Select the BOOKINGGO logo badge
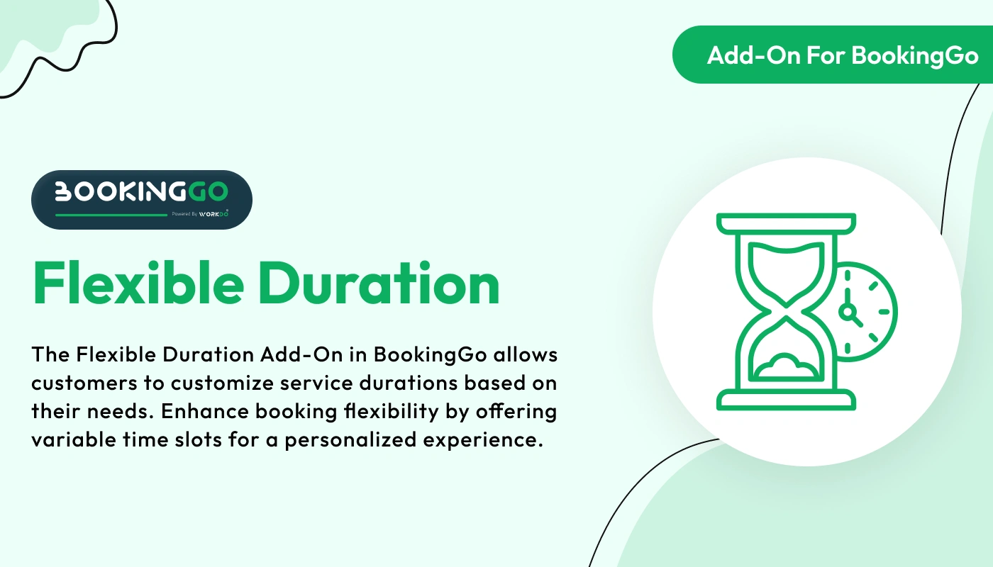pyautogui.click(x=141, y=199)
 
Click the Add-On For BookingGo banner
pyautogui.click(x=843, y=55)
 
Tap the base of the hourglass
pyautogui.click(x=785, y=400)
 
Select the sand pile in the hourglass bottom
pyautogui.click(x=785, y=367)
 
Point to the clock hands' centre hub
pyautogui.click(x=846, y=312)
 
